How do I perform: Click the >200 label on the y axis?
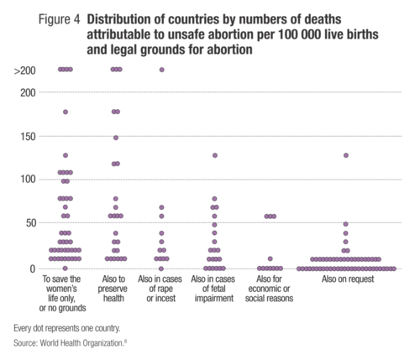point(24,70)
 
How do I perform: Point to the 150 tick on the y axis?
point(29,137)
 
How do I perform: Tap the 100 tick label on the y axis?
point(29,179)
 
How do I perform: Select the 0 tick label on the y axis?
point(33,269)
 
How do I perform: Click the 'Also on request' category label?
point(348,279)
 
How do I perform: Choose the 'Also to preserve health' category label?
point(113,289)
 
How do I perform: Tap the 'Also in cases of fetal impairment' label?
point(213,289)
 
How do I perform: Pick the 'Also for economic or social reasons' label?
point(269,289)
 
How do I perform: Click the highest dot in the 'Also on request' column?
point(346,155)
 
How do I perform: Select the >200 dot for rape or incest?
point(162,70)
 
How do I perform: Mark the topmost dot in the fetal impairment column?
point(215,155)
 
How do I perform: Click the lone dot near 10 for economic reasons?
point(270,258)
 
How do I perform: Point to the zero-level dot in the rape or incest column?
point(161,269)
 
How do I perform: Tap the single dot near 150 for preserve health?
point(116,138)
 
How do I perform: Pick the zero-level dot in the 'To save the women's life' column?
point(66,269)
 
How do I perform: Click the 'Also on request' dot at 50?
point(346,224)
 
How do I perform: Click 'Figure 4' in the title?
point(59,19)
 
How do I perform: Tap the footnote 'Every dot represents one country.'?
point(67,328)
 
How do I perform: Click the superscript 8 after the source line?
point(125,341)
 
